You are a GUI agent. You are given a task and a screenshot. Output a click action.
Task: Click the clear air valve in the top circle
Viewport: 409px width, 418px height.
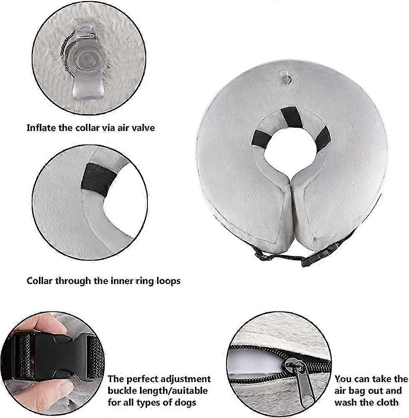coord(85,63)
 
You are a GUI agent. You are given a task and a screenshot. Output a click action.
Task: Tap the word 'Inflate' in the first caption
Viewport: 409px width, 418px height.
coord(41,128)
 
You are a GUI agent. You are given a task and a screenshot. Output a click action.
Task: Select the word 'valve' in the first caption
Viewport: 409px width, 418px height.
coord(144,128)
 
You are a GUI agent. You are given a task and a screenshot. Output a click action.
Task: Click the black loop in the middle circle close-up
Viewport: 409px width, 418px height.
coord(99,180)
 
